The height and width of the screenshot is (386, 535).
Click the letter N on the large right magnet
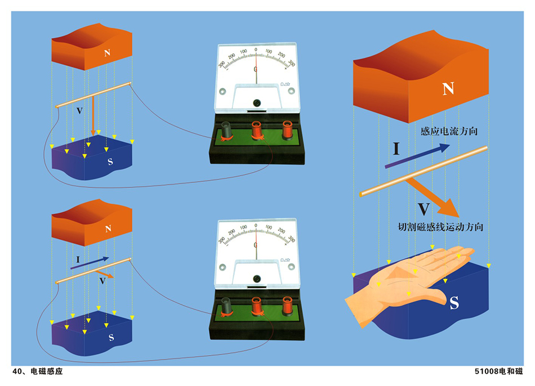[x=448, y=88]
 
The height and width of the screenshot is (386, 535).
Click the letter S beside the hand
[x=454, y=303]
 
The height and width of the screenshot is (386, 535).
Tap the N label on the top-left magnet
[x=108, y=53]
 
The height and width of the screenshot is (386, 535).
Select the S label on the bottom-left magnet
[x=111, y=338]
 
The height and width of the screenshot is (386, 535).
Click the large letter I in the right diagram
[x=396, y=149]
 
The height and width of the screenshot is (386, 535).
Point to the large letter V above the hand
[x=424, y=210]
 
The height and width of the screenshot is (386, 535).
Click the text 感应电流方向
[x=449, y=131]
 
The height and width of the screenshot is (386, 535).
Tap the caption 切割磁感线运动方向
[x=440, y=227]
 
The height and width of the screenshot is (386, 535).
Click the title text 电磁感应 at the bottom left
[x=46, y=372]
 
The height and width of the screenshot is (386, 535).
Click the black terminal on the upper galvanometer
[x=228, y=130]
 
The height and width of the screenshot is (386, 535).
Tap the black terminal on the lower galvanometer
[x=228, y=307]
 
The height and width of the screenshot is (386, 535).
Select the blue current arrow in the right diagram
[x=417, y=156]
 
